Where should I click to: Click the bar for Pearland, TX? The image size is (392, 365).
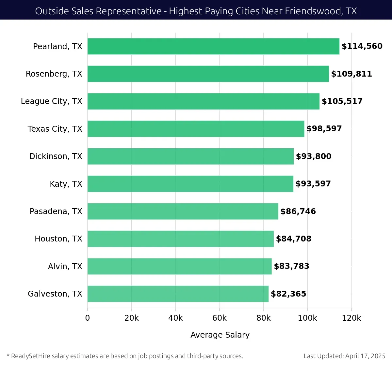pos(213,46)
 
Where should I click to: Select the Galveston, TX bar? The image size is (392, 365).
pos(178,294)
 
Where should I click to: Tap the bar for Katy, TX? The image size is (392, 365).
pos(190,184)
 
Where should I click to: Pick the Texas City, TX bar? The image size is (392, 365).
pos(196,129)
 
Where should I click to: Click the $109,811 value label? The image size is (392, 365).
pos(351,74)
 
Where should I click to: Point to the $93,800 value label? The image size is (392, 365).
pos(314,156)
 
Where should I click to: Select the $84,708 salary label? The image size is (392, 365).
pos(294,239)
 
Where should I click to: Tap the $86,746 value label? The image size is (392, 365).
pos(298,212)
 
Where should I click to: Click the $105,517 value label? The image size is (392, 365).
pos(342,101)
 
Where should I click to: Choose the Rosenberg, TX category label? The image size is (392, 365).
pos(54,74)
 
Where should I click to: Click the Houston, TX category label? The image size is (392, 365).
pos(58,239)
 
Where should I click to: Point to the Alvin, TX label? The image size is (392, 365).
pos(65,267)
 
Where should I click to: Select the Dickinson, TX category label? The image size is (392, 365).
pos(56,156)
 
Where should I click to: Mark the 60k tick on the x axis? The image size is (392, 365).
pos(219,318)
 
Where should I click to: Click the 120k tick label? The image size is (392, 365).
pos(351,318)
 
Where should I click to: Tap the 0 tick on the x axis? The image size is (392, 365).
pos(87,318)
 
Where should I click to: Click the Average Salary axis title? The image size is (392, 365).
pos(220,335)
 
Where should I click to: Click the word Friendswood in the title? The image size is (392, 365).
pos(313,11)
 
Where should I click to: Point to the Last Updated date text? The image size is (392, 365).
pos(344,356)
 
